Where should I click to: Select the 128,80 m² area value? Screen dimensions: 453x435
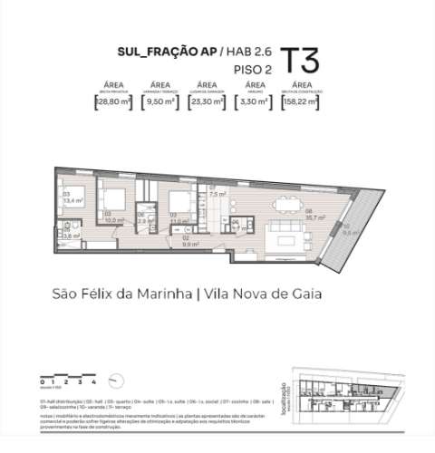click(113, 102)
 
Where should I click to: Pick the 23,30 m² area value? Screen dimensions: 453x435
click(208, 102)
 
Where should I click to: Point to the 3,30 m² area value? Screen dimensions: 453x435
click(254, 102)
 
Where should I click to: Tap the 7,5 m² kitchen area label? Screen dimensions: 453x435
click(217, 194)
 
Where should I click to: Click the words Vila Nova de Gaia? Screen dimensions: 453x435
click(272, 294)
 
